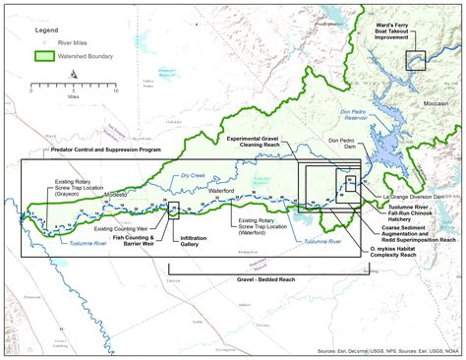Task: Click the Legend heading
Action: pos(48,30)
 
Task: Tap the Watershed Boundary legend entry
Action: pos(84,57)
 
